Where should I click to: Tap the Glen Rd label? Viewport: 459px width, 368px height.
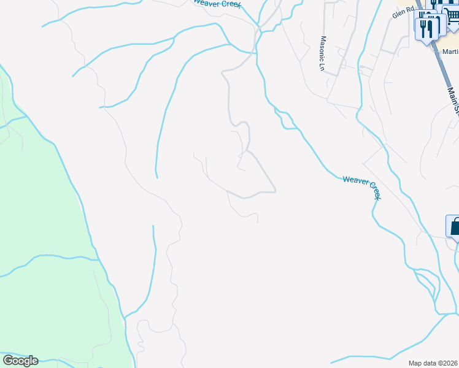(404, 12)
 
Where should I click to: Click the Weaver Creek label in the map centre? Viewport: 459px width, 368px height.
(362, 187)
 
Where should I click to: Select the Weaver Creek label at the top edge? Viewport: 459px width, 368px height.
(215, 3)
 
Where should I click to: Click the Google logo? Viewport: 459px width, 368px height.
(20, 361)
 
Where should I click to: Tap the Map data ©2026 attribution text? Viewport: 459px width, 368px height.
(433, 363)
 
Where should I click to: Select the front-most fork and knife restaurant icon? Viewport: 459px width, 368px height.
(429, 28)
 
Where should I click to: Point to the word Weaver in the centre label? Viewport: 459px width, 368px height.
(355, 182)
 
